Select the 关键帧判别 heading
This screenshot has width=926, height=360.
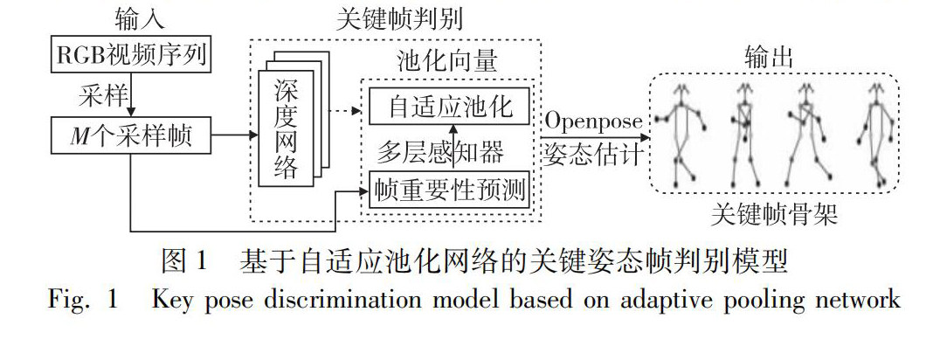397,19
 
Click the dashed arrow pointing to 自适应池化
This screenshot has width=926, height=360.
342,111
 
